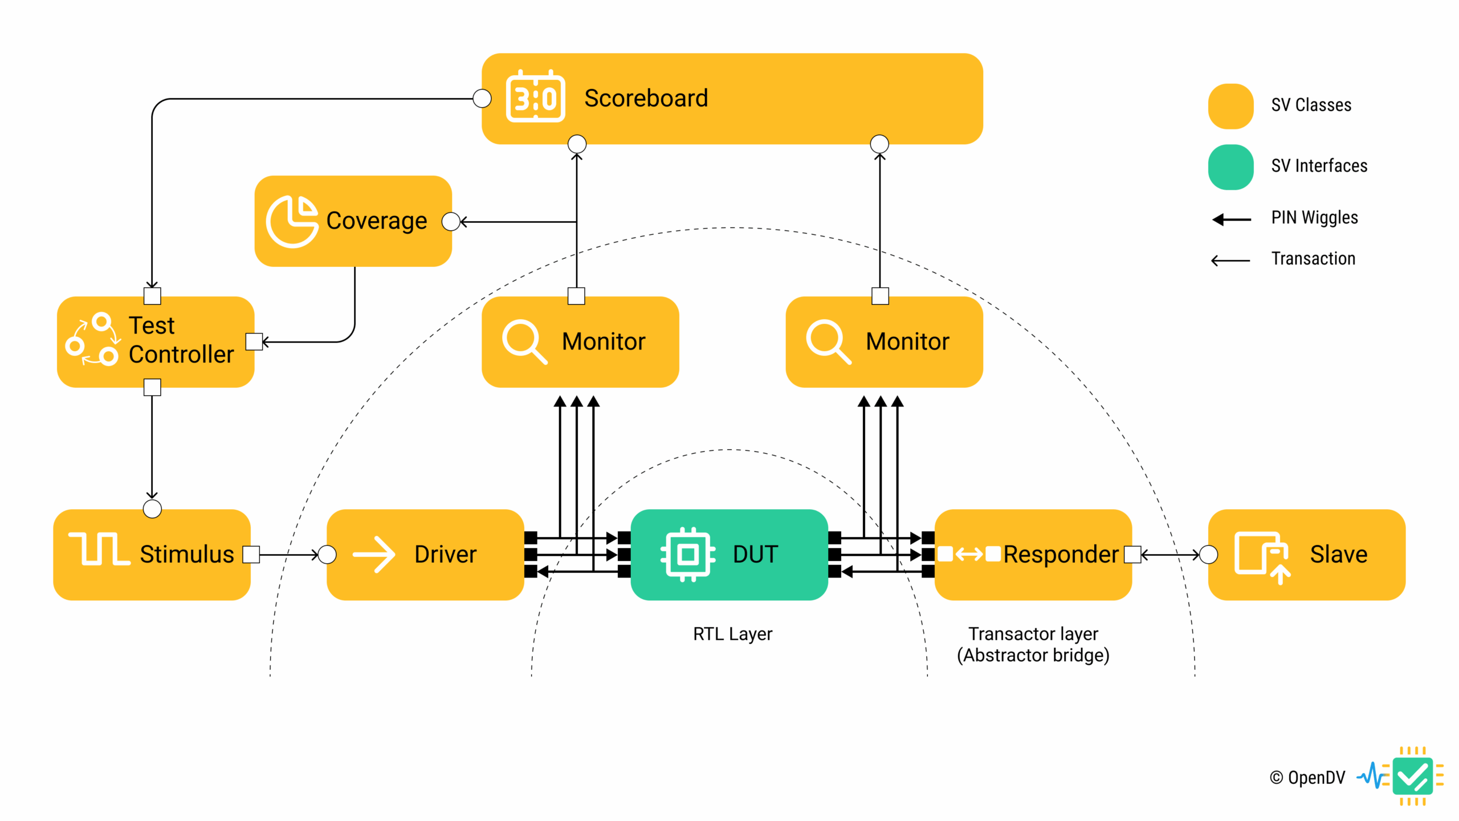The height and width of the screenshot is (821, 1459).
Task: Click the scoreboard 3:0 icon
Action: point(535,97)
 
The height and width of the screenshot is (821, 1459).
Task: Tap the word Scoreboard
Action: point(646,98)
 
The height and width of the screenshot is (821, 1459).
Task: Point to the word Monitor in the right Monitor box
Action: point(907,342)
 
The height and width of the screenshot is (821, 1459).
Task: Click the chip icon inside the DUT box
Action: point(687,554)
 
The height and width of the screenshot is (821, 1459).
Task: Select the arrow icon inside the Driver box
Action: point(374,554)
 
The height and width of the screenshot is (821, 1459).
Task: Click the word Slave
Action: point(1338,554)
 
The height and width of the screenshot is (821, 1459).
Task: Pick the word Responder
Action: point(1061,554)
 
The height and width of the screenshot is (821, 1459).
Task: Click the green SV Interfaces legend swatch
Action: point(1230,166)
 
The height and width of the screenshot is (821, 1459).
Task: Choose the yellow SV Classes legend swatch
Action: point(1230,106)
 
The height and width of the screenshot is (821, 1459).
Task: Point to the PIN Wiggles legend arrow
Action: point(1231,220)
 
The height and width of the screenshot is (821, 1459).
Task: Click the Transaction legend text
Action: point(1313,259)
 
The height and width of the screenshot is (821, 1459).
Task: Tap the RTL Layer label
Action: point(732,634)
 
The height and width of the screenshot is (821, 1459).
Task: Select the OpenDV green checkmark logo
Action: point(1412,776)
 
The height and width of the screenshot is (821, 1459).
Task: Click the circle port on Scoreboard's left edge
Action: point(482,98)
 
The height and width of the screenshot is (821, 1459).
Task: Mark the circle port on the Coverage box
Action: point(451,221)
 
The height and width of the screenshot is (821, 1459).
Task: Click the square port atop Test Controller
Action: point(152,296)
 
